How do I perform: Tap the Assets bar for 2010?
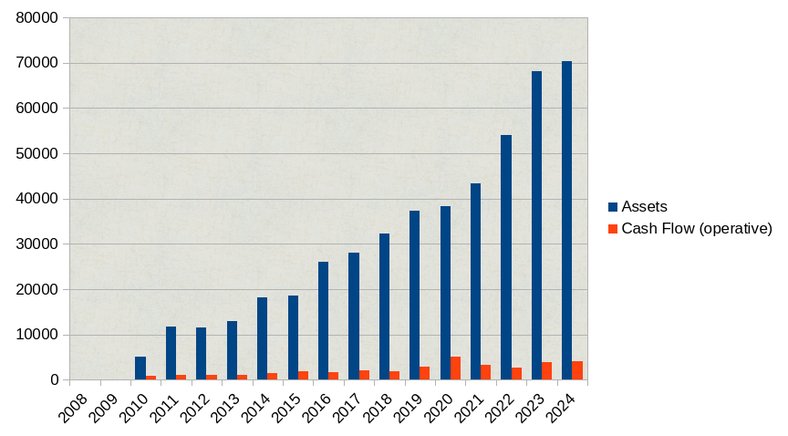pyautogui.click(x=140, y=369)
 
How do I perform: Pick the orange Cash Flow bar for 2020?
pyautogui.click(x=455, y=369)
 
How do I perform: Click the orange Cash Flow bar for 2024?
pyautogui.click(x=577, y=370)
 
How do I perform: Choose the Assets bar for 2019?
pyautogui.click(x=414, y=296)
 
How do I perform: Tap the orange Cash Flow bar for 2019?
pyautogui.click(x=424, y=373)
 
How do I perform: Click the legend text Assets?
pyautogui.click(x=644, y=207)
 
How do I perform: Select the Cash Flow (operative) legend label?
pyautogui.click(x=697, y=228)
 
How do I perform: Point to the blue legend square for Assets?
pyautogui.click(x=613, y=207)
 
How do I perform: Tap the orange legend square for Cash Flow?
pyautogui.click(x=613, y=228)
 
